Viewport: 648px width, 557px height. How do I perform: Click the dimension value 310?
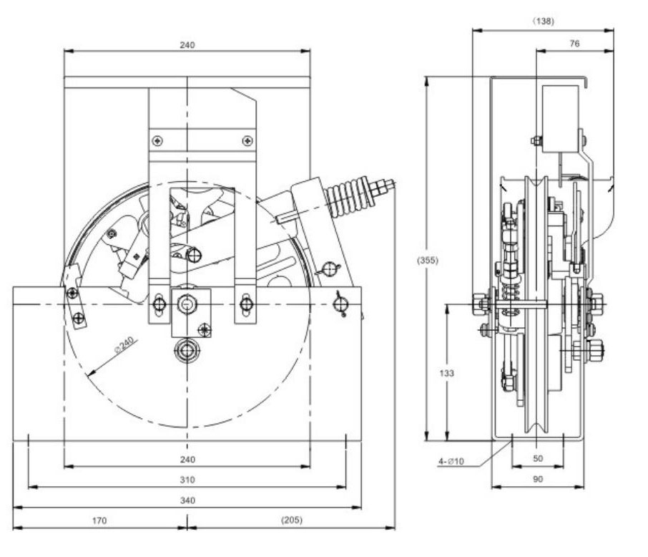[x=187, y=480]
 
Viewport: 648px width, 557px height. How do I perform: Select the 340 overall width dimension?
[x=187, y=500]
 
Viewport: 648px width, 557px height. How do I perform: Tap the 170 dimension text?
[x=99, y=520]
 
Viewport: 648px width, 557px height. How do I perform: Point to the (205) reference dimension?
[x=292, y=520]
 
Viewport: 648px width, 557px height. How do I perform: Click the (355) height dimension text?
[x=427, y=261]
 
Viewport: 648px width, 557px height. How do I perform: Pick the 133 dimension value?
[x=446, y=373]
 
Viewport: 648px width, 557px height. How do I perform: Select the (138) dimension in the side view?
[x=543, y=21]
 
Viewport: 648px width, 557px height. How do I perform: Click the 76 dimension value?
[x=574, y=44]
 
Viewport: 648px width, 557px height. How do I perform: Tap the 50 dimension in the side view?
[x=538, y=458]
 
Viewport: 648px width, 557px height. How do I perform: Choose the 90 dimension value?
[x=538, y=479]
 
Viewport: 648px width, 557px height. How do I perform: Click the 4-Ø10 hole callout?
[x=451, y=461]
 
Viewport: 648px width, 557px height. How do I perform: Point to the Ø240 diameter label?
[x=124, y=344]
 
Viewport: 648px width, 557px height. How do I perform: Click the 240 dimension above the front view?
[x=187, y=44]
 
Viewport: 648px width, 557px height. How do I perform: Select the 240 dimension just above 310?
[x=187, y=460]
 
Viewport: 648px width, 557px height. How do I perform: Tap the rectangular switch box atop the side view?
[x=560, y=119]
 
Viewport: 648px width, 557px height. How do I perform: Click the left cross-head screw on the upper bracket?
[x=157, y=141]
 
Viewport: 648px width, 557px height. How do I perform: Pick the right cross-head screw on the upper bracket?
[x=247, y=141]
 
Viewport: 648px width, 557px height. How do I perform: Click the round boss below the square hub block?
[x=187, y=351]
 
